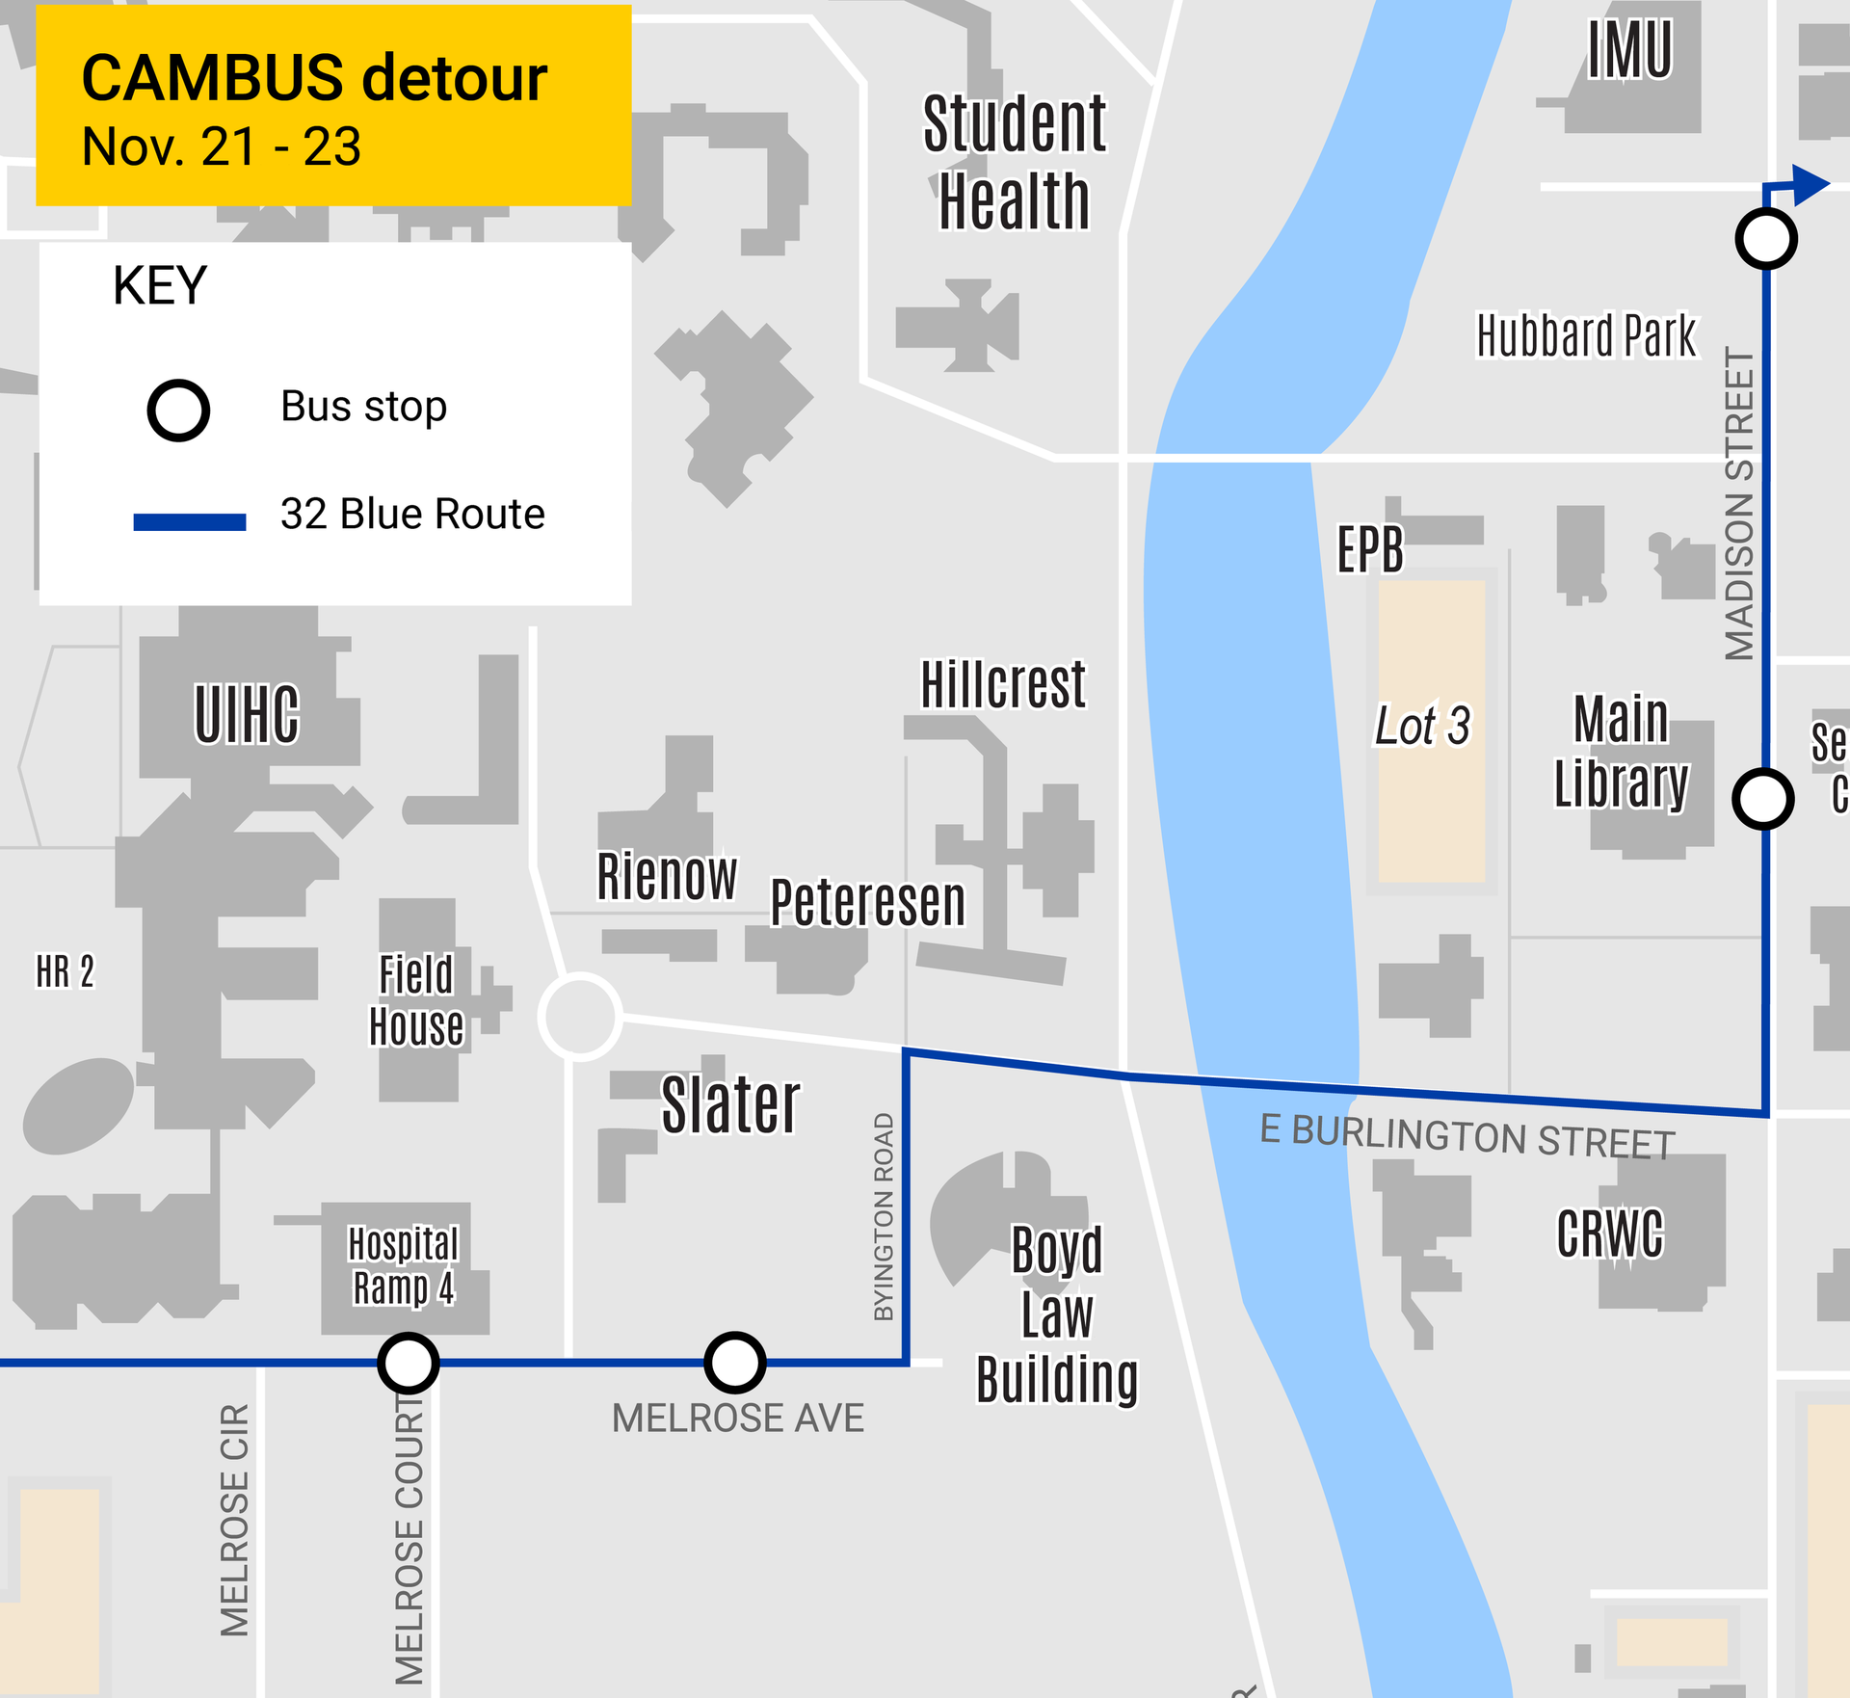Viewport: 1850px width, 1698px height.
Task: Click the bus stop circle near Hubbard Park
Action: click(1765, 239)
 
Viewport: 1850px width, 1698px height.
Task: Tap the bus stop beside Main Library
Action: click(1762, 799)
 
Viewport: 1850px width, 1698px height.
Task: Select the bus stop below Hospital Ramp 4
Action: click(408, 1363)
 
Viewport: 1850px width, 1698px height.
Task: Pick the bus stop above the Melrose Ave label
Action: click(734, 1363)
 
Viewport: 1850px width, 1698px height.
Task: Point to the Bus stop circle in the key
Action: click(178, 411)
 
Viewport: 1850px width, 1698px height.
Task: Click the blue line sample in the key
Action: click(189, 521)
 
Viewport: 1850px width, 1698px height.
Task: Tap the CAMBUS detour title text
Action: click(314, 78)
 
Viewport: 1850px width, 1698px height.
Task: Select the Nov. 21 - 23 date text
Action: click(221, 147)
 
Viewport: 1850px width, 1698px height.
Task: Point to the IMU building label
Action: click(1629, 50)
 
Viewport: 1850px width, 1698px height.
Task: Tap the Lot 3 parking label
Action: click(1422, 726)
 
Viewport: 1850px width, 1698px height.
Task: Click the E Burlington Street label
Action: click(1467, 1135)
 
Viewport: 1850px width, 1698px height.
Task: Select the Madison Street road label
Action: click(1739, 504)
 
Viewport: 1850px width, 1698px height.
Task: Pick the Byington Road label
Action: click(884, 1217)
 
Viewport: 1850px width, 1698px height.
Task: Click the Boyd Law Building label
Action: click(1056, 1314)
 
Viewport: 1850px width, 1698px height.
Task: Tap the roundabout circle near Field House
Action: click(579, 1016)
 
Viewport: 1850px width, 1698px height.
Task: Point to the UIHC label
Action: click(247, 714)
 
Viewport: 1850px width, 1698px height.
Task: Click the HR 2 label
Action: click(65, 971)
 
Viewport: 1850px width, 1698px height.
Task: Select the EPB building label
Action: click(1369, 549)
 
